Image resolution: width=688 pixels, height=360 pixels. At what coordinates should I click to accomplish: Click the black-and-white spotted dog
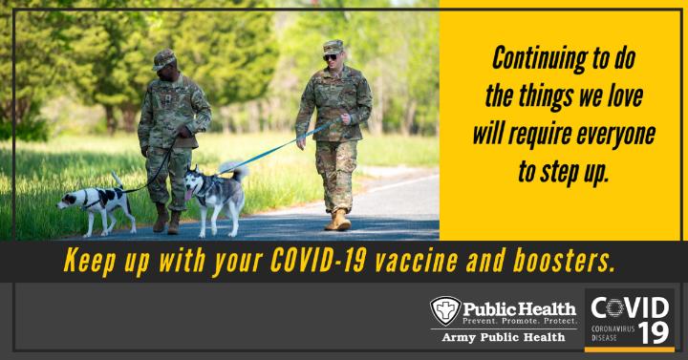point(97,204)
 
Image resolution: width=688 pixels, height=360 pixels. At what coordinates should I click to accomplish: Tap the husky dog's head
point(194,180)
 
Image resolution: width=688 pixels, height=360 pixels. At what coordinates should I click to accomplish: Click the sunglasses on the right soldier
point(331,57)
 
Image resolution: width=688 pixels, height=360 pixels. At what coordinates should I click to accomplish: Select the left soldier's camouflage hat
point(163,59)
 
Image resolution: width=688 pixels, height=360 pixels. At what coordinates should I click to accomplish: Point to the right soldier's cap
point(333,47)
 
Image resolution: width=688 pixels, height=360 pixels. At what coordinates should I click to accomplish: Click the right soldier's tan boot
point(338,221)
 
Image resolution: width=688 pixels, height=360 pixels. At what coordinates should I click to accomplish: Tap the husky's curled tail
point(234,171)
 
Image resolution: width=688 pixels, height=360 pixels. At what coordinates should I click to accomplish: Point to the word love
point(625,95)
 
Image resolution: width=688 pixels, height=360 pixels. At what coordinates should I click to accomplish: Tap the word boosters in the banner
point(563,261)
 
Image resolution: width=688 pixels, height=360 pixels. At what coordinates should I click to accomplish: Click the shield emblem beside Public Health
point(445,310)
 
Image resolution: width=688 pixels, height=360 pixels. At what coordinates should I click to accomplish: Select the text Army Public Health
point(504,337)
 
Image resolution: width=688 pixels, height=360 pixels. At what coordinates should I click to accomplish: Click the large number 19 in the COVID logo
point(654,333)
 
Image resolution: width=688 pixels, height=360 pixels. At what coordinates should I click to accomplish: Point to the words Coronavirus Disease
point(613,333)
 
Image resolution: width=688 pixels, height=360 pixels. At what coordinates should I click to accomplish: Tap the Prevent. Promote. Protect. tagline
point(520,321)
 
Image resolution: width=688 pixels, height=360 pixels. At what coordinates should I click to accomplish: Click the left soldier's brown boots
point(166,219)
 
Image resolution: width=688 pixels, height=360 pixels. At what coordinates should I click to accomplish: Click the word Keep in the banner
point(90,262)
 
